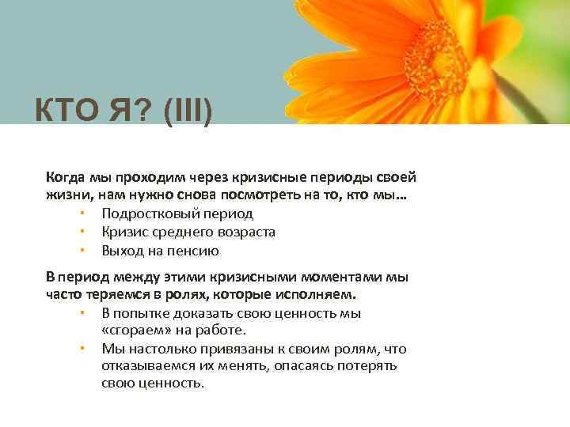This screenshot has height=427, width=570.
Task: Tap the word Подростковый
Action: tap(150, 213)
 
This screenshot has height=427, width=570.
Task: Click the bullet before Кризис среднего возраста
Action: tap(81, 232)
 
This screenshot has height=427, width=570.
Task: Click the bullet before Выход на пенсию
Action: tap(81, 251)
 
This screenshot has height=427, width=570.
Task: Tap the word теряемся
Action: tap(109, 295)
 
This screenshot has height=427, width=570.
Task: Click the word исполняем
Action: tap(320, 295)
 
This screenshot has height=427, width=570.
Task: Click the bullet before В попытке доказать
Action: tap(81, 313)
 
